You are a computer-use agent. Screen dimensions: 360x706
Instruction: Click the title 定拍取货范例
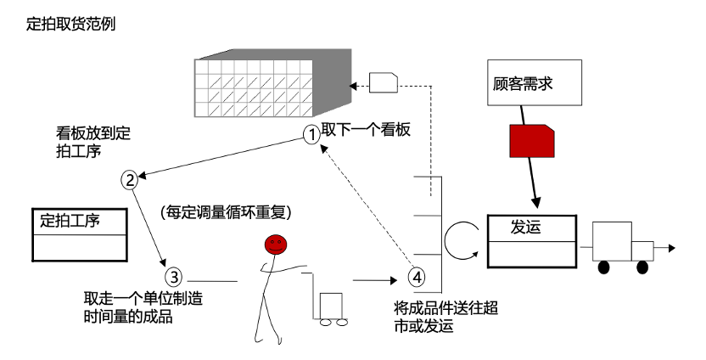(71, 24)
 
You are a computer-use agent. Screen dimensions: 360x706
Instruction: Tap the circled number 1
(312, 133)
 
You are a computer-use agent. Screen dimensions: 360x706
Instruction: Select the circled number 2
(129, 179)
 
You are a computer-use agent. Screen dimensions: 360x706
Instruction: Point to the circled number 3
(172, 277)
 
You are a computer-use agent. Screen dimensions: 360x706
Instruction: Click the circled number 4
(416, 276)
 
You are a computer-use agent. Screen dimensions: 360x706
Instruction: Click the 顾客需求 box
(534, 82)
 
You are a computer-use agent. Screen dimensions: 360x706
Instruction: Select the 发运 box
(532, 241)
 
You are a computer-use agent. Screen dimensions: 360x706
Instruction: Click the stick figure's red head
(275, 245)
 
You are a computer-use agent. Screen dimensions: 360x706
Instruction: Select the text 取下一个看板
(366, 131)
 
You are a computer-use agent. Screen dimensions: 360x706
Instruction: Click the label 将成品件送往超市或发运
(445, 316)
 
